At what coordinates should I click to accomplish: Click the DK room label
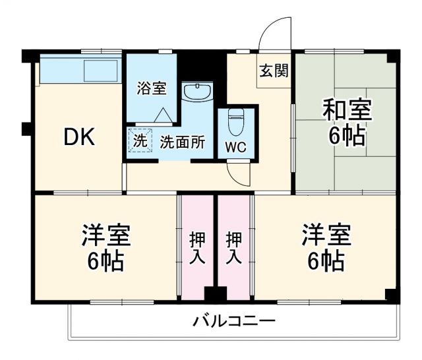(80, 137)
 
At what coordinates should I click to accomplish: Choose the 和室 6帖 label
(346, 123)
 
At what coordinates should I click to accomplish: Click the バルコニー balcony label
(234, 322)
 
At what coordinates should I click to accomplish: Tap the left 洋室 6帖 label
(105, 248)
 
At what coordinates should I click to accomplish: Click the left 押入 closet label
(197, 248)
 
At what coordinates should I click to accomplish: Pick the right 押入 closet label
(235, 248)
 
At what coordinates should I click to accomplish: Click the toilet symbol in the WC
(235, 123)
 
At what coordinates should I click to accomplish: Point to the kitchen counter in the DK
(80, 70)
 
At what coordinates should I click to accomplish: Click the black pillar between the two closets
(215, 294)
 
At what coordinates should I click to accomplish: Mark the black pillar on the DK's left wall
(26, 128)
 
